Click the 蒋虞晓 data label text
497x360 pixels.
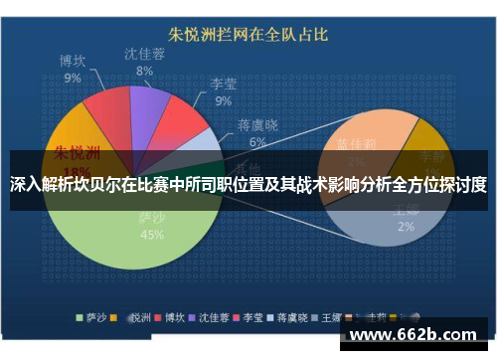pos(256,126)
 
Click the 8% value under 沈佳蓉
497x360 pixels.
pos(145,71)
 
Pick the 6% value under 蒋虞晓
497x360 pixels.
pos(257,142)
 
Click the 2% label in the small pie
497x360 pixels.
pos(406,226)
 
